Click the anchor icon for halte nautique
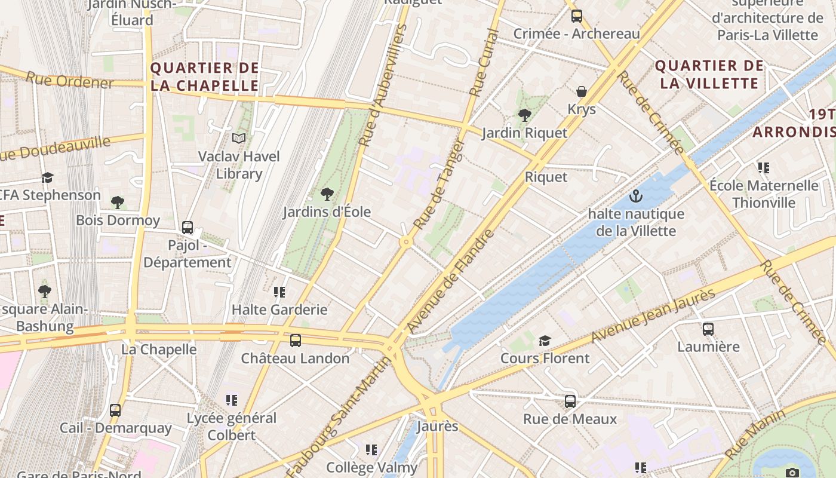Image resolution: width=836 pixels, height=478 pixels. [636, 195]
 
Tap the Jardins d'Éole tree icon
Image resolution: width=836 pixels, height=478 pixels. [327, 194]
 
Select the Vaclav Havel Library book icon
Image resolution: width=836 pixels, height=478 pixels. [239, 139]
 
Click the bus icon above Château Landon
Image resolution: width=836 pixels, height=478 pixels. [296, 341]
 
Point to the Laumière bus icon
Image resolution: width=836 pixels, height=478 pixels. [708, 329]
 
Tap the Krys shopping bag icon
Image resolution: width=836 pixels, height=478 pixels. [582, 91]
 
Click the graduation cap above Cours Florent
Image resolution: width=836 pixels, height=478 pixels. [545, 341]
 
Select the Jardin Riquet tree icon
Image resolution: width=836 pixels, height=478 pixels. [525, 115]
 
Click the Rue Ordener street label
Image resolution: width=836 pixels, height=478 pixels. [69, 79]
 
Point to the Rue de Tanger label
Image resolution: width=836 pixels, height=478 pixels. [439, 186]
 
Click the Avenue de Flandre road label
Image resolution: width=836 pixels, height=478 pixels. [451, 281]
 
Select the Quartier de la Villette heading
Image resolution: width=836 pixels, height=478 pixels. [709, 74]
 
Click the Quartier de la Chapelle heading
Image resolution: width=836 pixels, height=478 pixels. [205, 76]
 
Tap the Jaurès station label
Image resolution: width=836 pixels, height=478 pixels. [437, 426]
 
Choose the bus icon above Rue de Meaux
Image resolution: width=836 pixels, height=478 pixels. [570, 401]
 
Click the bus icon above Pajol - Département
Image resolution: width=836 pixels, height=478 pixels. [188, 228]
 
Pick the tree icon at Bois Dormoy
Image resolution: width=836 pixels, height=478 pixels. [118, 203]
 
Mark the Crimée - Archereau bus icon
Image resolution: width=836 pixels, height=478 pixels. [576, 16]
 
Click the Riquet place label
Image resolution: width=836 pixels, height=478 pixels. [546, 177]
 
